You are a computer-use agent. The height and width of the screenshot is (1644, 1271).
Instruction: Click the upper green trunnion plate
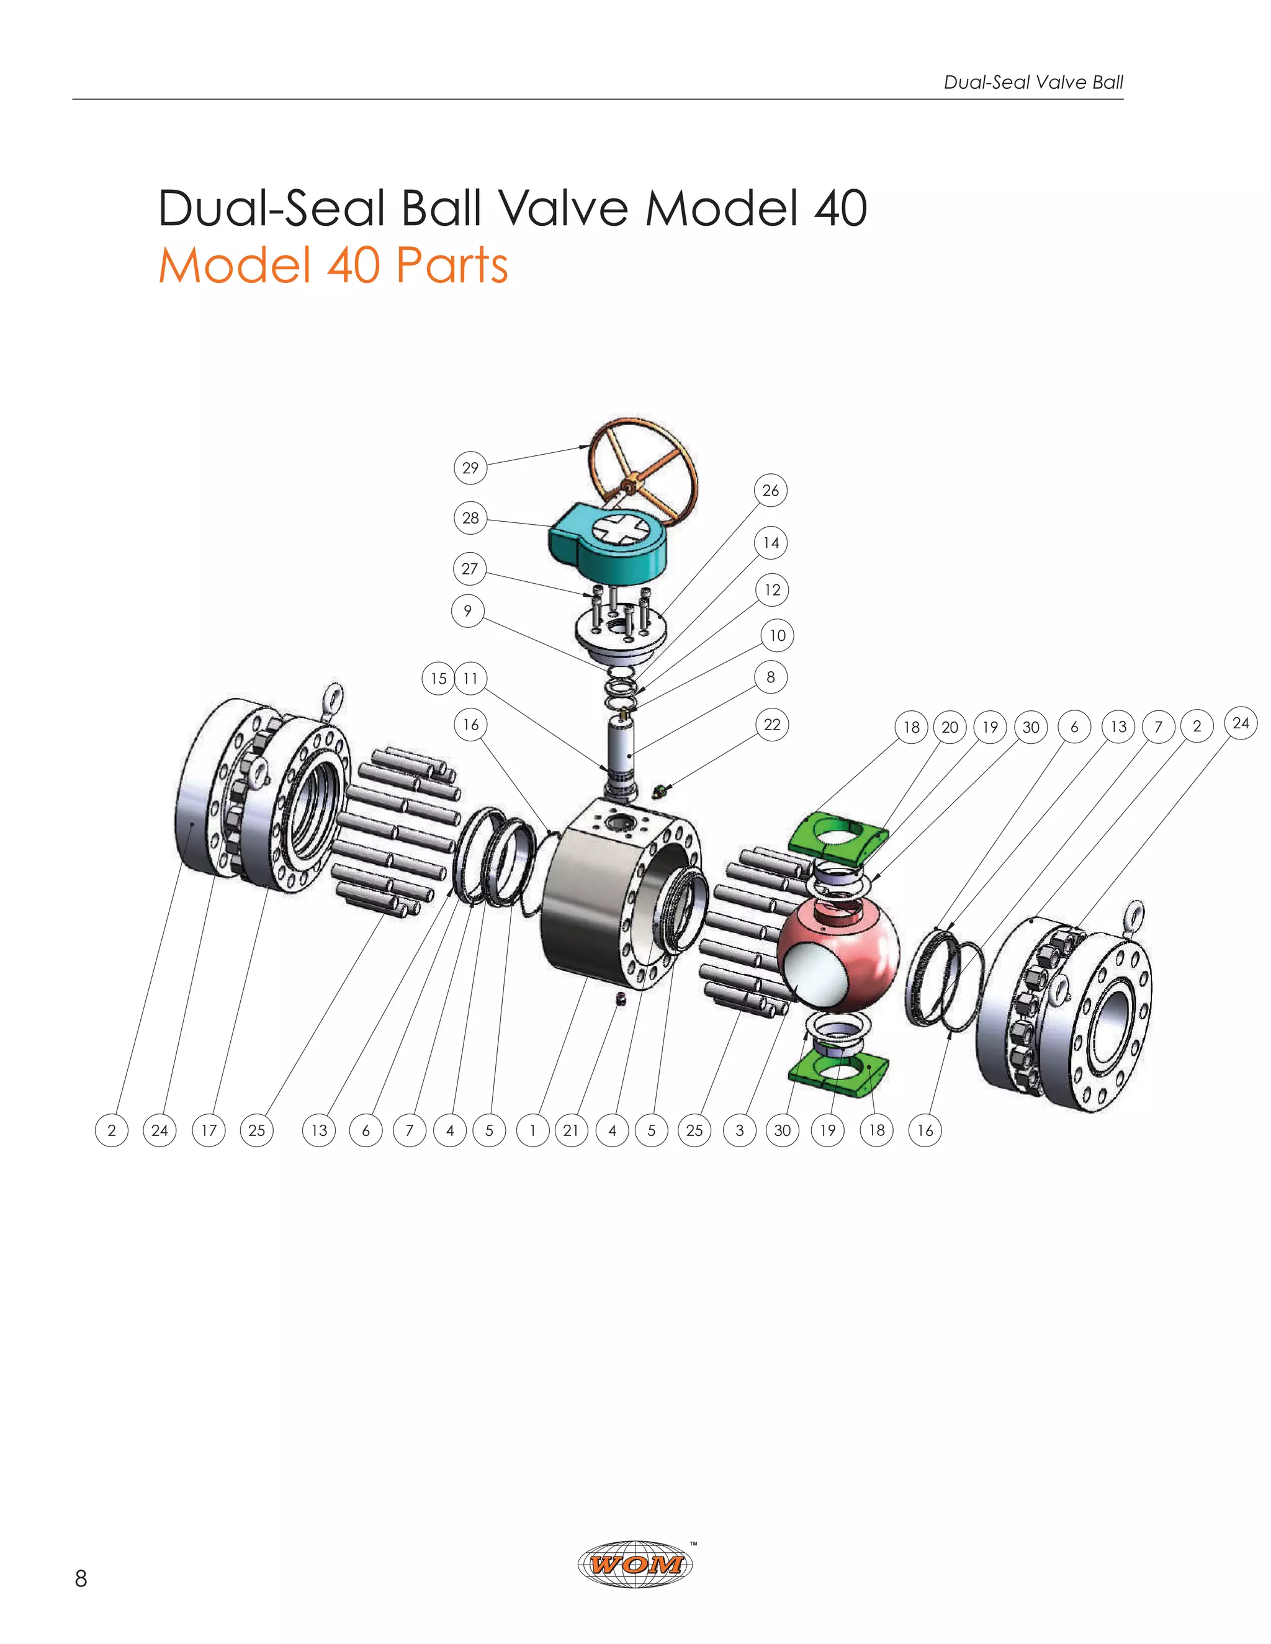837,833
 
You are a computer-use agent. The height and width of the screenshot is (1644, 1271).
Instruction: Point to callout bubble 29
470,468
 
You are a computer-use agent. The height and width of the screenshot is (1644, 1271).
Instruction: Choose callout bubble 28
470,518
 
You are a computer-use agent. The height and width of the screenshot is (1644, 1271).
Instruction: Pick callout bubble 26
770,491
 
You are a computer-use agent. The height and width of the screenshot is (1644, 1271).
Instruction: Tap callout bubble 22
772,725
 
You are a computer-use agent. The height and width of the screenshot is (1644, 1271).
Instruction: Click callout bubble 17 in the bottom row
209,1130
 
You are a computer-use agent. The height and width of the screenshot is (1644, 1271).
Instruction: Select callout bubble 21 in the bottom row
571,1130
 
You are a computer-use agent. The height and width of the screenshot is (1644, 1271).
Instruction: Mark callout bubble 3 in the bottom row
739,1130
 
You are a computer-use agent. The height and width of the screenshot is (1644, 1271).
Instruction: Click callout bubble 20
950,727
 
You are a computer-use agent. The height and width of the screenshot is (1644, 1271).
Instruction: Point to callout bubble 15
438,678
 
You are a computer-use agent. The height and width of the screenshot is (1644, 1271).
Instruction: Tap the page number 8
81,1578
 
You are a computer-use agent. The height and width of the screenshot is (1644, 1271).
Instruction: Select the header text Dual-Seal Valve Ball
1033,82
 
